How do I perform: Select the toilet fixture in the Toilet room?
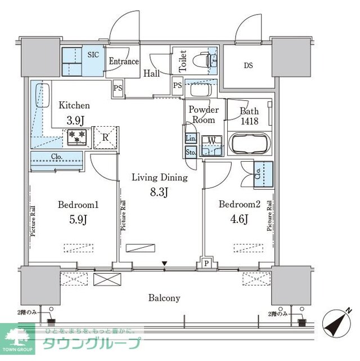[x=202, y=57]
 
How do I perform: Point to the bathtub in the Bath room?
[x=250, y=144]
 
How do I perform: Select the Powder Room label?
[x=202, y=115]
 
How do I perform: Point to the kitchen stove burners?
[x=76, y=137]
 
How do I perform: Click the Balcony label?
[x=164, y=298]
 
